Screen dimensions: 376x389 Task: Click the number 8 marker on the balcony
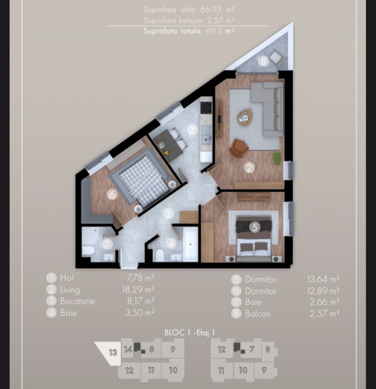pyautogui.click(x=263, y=61)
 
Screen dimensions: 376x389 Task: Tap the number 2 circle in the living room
pyautogui.click(x=249, y=168)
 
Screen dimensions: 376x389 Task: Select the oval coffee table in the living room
pyautogui.click(x=245, y=117)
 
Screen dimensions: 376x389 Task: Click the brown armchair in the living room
pyautogui.click(x=239, y=147)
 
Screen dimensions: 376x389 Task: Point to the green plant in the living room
pyautogui.click(x=277, y=158)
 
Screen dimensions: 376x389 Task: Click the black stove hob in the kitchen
pyautogui.click(x=206, y=107)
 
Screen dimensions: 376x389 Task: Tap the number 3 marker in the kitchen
pyautogui.click(x=192, y=130)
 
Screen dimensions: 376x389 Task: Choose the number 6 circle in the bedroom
pyautogui.click(x=112, y=194)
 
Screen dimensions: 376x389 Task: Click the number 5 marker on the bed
pyautogui.click(x=255, y=227)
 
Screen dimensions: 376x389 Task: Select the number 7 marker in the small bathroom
pyautogui.click(x=107, y=244)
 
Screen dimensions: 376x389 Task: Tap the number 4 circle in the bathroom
pyautogui.click(x=171, y=243)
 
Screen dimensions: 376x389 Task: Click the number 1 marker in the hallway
pyautogui.click(x=169, y=214)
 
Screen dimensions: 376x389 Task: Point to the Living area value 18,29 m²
pyautogui.click(x=138, y=290)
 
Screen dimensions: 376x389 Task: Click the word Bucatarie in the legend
pyautogui.click(x=78, y=301)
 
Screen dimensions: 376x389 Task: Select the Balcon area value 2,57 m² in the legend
pyautogui.click(x=325, y=314)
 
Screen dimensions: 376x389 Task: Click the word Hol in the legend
pyautogui.click(x=67, y=278)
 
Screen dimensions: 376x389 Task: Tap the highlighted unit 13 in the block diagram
pyautogui.click(x=109, y=353)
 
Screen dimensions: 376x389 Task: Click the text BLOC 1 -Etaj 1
pyautogui.click(x=190, y=332)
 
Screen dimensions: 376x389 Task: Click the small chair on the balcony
pyautogui.click(x=276, y=58)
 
